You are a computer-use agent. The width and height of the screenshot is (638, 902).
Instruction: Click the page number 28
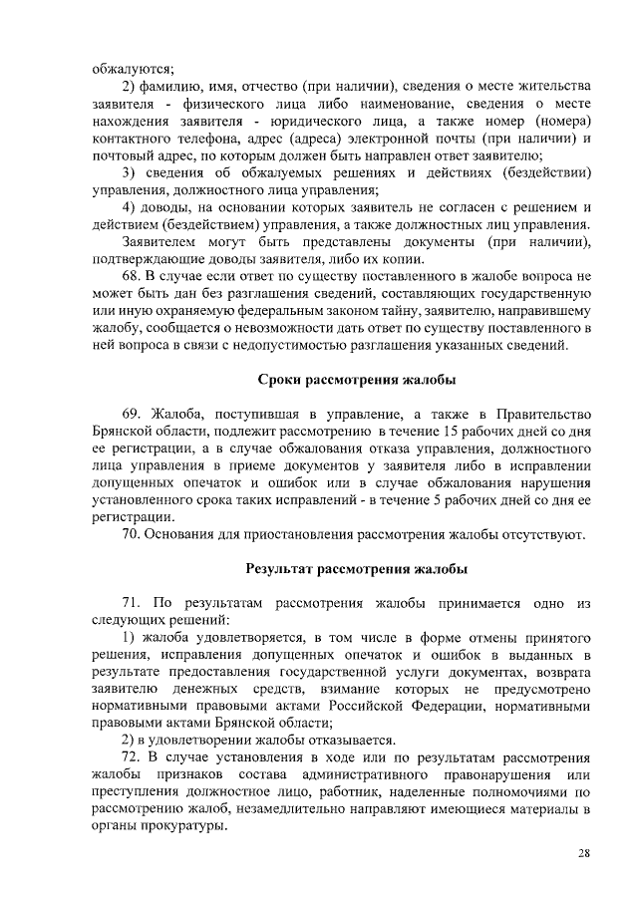pyautogui.click(x=584, y=854)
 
